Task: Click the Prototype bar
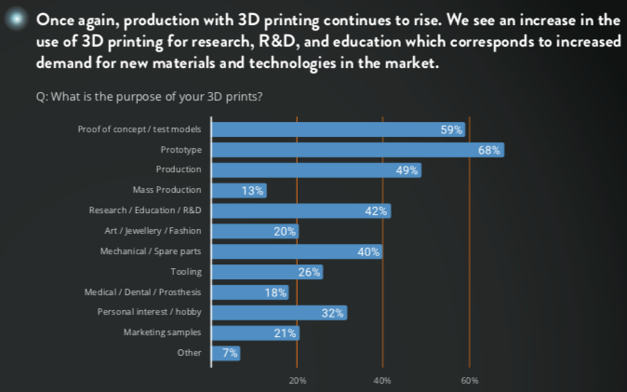358,150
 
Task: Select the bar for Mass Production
239,190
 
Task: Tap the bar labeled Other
227,353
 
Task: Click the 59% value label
451,129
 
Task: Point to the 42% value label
376,210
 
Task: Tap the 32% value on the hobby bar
333,313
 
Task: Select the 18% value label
275,292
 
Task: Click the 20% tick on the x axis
298,381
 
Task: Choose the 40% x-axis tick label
382,381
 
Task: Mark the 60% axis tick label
469,381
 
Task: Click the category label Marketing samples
163,332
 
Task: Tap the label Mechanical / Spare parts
151,251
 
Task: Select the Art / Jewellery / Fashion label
153,231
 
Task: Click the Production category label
179,169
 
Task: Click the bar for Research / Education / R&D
301,210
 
